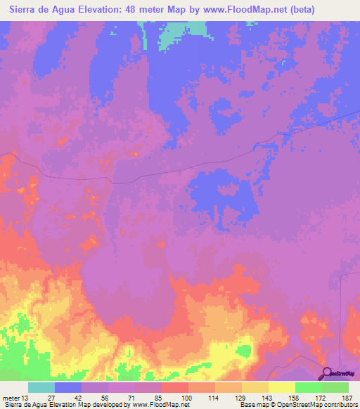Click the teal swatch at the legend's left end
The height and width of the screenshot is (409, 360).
coord(41,387)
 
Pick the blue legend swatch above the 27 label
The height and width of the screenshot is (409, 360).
coord(68,387)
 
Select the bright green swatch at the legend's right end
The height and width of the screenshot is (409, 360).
coord(335,387)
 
